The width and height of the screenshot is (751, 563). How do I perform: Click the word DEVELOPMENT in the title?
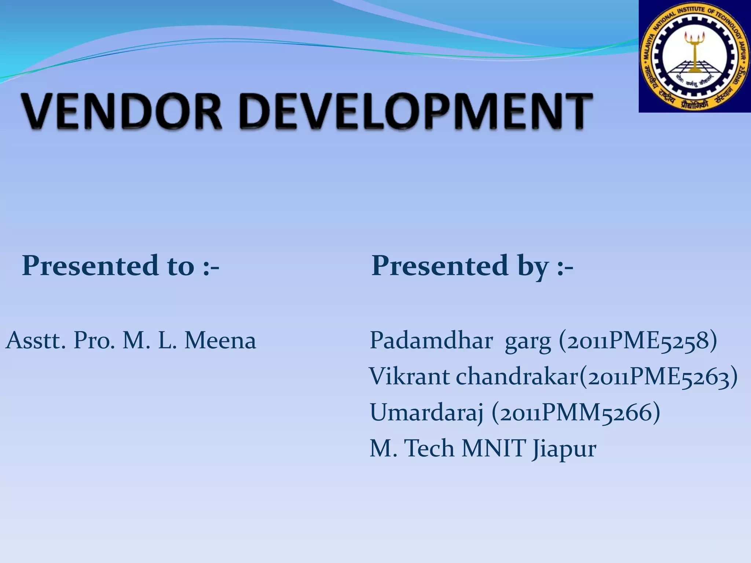tap(416, 111)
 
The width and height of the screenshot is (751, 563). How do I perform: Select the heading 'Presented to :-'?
tap(121, 265)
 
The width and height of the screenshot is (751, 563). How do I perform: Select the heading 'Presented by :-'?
tap(472, 265)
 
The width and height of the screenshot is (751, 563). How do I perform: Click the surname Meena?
tap(220, 341)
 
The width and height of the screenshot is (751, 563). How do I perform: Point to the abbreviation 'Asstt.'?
tap(36, 341)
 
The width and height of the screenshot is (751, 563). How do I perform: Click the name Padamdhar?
tap(431, 341)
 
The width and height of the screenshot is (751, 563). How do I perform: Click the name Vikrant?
tap(409, 376)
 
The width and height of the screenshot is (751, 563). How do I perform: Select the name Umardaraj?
tap(426, 413)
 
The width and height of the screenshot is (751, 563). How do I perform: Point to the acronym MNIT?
tap(494, 448)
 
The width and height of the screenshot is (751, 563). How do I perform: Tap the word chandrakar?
tap(517, 376)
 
